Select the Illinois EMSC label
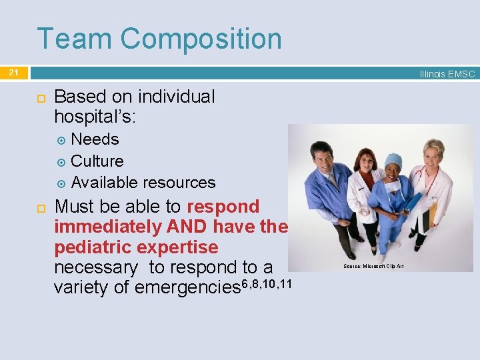tap(447, 74)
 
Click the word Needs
tap(95, 139)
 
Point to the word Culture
tap(97, 161)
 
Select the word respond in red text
tap(223, 206)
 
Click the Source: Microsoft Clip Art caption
tap(373, 267)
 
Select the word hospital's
tap(95, 117)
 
